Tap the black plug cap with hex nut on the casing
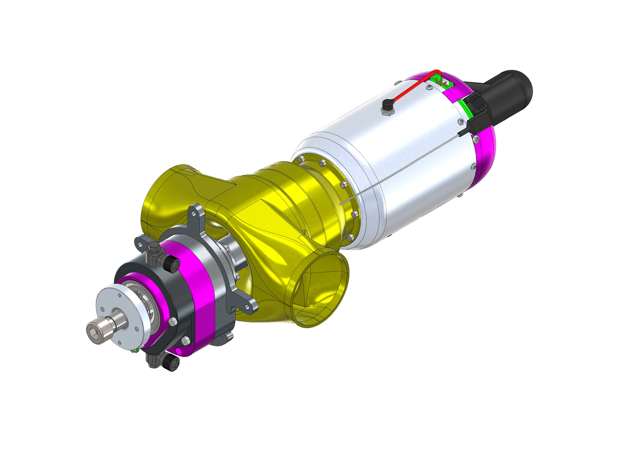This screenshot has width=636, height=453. [x=387, y=106]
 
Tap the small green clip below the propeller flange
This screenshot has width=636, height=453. [x=137, y=351]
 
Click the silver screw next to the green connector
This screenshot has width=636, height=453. [x=428, y=88]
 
